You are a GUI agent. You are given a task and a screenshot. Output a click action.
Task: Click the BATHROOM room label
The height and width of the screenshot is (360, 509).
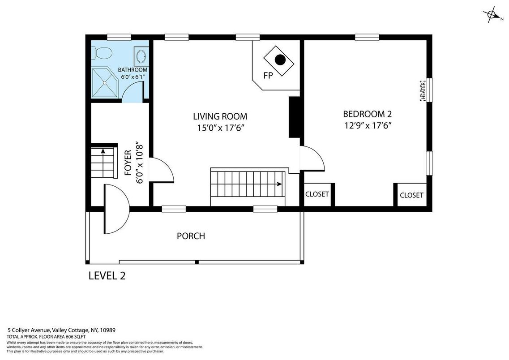click(133, 70)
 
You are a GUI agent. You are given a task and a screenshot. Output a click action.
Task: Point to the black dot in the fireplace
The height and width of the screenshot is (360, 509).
click(280, 60)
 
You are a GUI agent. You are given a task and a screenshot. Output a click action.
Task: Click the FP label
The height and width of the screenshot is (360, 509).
click(268, 76)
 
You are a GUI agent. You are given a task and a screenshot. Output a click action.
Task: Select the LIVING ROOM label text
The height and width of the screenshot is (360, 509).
click(220, 116)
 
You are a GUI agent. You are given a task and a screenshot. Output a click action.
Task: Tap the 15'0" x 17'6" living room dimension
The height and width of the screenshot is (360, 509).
click(220, 128)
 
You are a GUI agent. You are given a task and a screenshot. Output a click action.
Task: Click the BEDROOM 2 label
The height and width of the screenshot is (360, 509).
click(368, 114)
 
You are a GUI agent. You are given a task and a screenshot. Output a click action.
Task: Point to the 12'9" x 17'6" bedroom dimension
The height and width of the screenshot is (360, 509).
click(368, 125)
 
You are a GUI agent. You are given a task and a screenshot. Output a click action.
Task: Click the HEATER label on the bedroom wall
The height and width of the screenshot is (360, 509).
click(423, 90)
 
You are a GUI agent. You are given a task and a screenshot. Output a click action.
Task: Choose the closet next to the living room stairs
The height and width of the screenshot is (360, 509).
click(317, 194)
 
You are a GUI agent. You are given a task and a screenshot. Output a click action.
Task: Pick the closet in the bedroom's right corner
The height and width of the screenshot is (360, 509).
click(411, 195)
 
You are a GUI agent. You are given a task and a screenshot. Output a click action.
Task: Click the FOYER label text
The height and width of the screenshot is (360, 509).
click(128, 163)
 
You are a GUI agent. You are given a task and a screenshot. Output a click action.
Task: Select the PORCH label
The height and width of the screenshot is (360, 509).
click(191, 236)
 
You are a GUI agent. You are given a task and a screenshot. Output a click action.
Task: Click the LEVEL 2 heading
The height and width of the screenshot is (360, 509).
click(107, 276)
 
